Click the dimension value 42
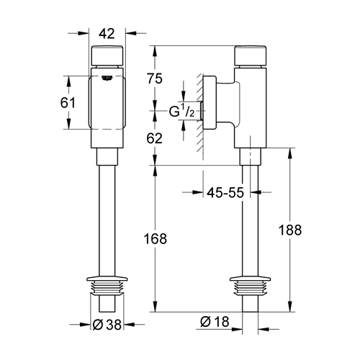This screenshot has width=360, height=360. pos(107,34)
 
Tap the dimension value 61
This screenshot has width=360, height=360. pos(68,103)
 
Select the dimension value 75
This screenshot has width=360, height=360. pos(155,78)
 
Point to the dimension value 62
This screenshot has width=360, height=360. pos(155,138)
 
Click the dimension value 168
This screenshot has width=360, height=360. pos(156,239)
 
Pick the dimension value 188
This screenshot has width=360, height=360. pos(290,230)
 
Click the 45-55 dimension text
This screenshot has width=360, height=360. pos(225,192)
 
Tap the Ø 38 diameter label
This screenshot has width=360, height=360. pos(107,325)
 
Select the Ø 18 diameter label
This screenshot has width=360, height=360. pos(215,322)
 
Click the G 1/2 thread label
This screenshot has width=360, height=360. pos(182,112)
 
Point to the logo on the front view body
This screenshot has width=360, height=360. pos(107,78)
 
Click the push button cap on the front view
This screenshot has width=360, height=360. pos(107,55)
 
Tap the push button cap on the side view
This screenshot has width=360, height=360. pos(251,55)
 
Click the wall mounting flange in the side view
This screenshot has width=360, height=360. pos(210,103)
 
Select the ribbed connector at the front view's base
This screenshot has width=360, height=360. pos(107,287)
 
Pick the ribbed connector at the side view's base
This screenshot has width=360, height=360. pos(251,287)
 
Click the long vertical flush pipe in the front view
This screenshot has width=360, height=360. pos(107,221)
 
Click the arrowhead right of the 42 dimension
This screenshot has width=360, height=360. pos(131,33)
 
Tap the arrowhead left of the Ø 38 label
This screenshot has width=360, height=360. pos(84,325)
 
